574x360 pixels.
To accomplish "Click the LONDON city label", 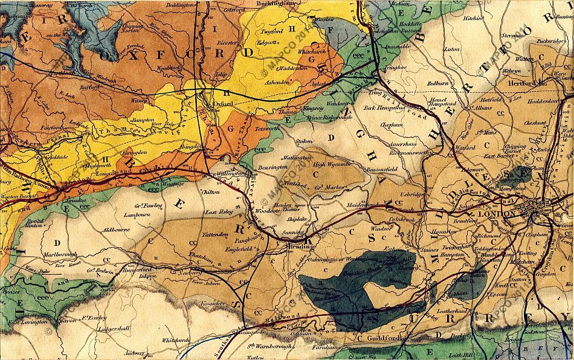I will tap(495, 214).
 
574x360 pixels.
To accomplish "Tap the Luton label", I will tap(451, 50).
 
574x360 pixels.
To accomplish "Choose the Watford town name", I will tap(465, 146).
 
